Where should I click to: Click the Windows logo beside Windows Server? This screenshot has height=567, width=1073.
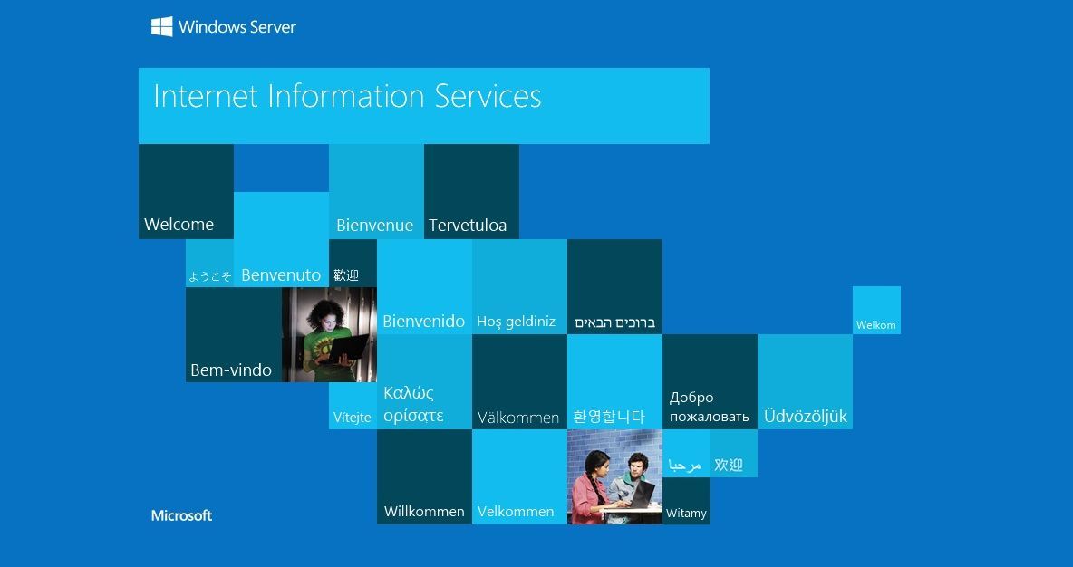[x=161, y=26]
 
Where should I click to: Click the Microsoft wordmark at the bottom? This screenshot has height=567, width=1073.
[x=181, y=515]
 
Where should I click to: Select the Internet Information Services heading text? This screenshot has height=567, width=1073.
[x=347, y=96]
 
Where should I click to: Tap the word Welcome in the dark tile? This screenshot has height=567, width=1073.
[x=179, y=225]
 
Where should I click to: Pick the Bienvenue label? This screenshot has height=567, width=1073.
[x=375, y=225]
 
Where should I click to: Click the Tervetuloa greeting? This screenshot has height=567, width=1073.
[x=468, y=225]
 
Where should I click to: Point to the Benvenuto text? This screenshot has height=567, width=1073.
[x=281, y=275]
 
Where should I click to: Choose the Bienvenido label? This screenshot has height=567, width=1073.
[x=423, y=321]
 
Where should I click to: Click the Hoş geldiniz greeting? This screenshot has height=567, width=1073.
[x=516, y=322]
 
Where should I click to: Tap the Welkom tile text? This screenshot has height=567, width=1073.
[x=876, y=325]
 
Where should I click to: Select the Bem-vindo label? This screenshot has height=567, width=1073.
[x=231, y=370]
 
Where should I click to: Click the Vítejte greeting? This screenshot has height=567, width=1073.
[x=353, y=418]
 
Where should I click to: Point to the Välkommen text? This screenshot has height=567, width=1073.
[x=518, y=418]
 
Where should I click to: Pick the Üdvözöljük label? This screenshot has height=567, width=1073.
[x=806, y=416]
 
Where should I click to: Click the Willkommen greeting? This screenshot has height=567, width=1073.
[x=424, y=512]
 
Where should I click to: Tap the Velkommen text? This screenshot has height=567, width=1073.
[x=516, y=512]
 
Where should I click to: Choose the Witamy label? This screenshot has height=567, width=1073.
[x=686, y=513]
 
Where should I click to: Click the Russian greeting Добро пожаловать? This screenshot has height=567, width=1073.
[x=709, y=407]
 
